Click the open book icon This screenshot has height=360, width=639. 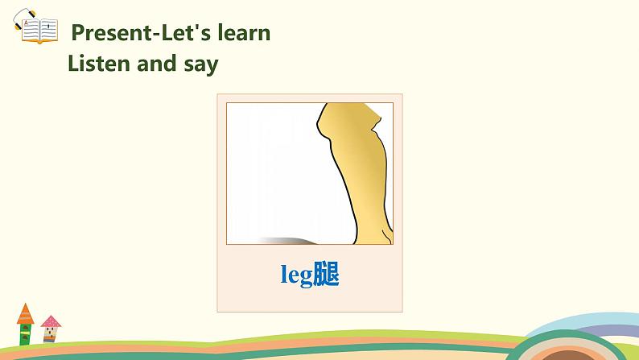click(38, 31)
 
